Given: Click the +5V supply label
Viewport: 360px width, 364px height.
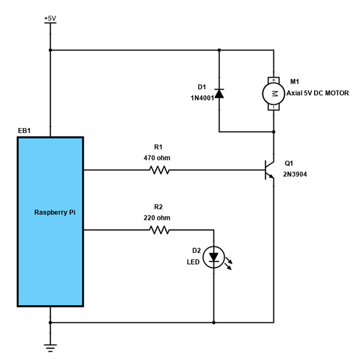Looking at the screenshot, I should [50, 19].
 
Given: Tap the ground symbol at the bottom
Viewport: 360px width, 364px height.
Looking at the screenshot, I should [50, 347].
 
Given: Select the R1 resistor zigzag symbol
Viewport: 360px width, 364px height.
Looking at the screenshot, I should [159, 171].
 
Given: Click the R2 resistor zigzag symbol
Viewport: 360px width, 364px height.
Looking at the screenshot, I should [159, 230].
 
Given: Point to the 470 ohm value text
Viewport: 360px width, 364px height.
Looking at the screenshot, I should [156, 158].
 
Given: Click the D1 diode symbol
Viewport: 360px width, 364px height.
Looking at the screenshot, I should [219, 93].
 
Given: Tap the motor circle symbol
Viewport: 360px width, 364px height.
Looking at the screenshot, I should [273, 93].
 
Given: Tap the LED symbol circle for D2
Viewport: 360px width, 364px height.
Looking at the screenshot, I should [213, 257].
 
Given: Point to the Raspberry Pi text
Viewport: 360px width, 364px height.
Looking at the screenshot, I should [55, 213].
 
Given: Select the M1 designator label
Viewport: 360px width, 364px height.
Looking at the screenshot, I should [295, 81].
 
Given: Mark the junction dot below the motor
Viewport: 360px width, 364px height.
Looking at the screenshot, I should [274, 132].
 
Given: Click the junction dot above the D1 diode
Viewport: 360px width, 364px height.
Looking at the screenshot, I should [219, 50].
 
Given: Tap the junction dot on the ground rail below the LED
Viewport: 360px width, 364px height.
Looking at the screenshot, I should [213, 322].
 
